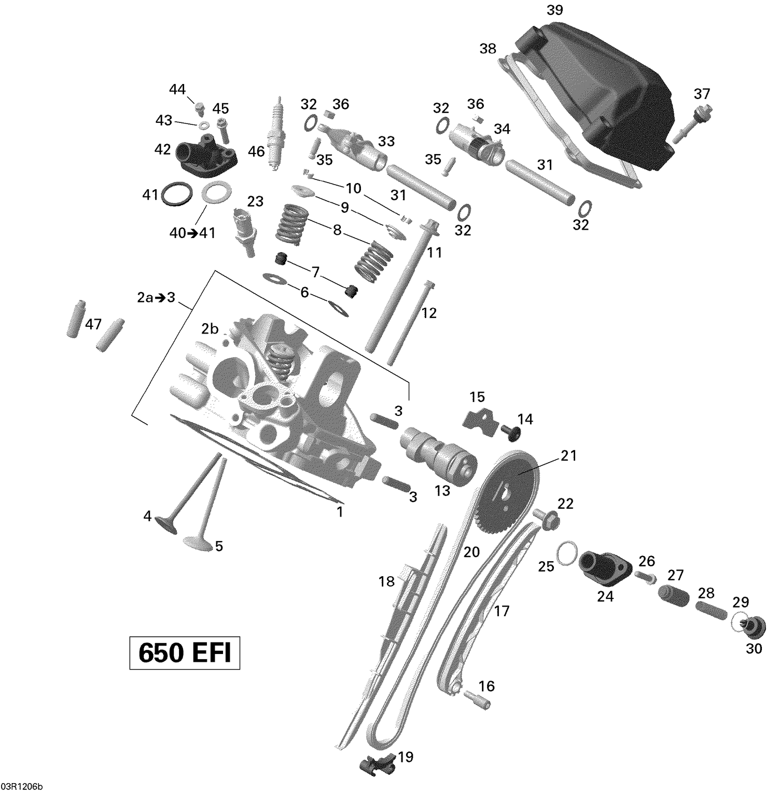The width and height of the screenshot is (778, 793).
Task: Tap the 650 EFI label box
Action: [185, 653]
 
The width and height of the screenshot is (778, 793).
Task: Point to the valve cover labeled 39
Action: [596, 99]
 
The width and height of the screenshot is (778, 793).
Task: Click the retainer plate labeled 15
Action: [478, 418]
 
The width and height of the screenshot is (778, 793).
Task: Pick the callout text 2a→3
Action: [156, 298]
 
